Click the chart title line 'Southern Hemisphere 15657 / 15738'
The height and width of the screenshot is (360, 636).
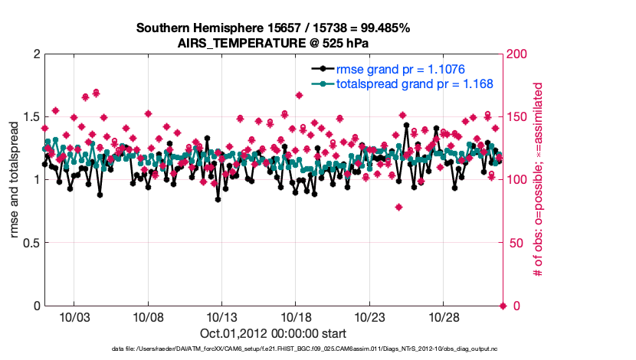pos(274,28)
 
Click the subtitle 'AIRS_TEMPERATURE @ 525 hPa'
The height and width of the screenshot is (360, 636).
pos(274,43)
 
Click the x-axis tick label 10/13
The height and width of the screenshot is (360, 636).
pos(222,317)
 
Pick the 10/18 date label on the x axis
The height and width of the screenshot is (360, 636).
pos(296,317)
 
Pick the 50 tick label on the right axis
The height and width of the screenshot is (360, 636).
pos(514,243)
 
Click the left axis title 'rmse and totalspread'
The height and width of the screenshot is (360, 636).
pos(14,180)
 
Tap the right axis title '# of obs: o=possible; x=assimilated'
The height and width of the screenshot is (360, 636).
pos(539,180)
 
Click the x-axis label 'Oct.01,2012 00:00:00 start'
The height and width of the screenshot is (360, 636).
pos(274,333)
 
